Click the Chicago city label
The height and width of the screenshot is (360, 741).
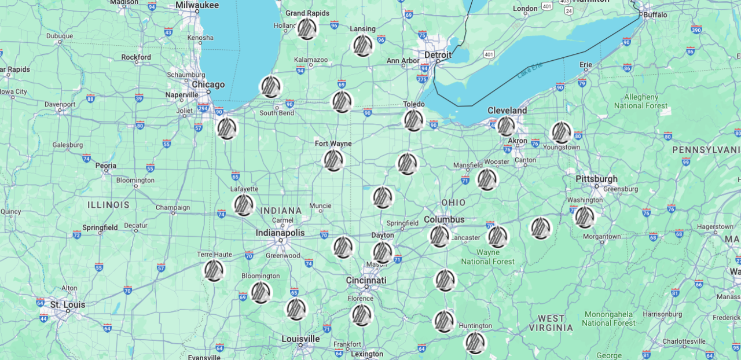point(208,85)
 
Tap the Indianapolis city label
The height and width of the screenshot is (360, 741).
point(280,233)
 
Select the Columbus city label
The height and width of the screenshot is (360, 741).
point(444,219)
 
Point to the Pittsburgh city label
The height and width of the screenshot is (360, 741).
point(596,179)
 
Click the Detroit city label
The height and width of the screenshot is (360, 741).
point(438,54)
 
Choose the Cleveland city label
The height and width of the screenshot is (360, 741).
point(507,111)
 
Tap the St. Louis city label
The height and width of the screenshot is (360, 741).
point(68,304)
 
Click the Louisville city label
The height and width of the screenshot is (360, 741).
point(300,339)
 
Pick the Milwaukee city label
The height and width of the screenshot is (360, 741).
point(197,5)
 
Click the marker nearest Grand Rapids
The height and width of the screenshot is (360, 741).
point(307,28)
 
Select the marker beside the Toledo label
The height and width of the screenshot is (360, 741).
point(413,120)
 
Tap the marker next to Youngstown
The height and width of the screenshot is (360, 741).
point(561,133)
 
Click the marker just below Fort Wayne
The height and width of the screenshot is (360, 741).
point(333,160)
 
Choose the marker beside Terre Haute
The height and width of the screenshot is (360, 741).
point(214,270)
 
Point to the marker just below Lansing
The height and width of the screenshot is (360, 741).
point(362,46)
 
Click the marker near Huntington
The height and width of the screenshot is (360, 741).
point(475,343)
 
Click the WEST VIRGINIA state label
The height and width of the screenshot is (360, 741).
point(551,323)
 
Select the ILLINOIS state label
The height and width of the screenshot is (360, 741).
point(109,205)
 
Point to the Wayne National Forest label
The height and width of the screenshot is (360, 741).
point(487,257)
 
